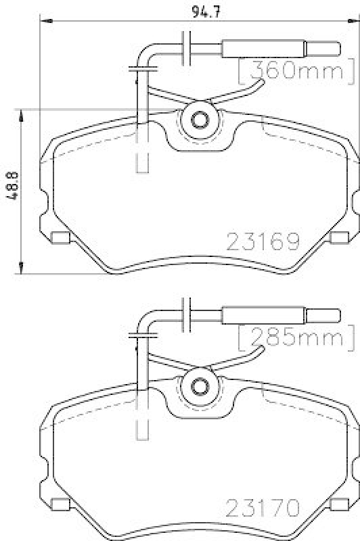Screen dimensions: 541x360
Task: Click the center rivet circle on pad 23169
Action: click(200, 120)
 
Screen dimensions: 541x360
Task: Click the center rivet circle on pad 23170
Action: click(200, 386)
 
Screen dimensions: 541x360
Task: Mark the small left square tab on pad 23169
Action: click(61, 237)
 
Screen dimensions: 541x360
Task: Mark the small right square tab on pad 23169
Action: click(340, 237)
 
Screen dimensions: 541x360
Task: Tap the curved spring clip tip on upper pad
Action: click(259, 83)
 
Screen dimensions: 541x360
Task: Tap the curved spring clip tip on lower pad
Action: click(259, 349)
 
